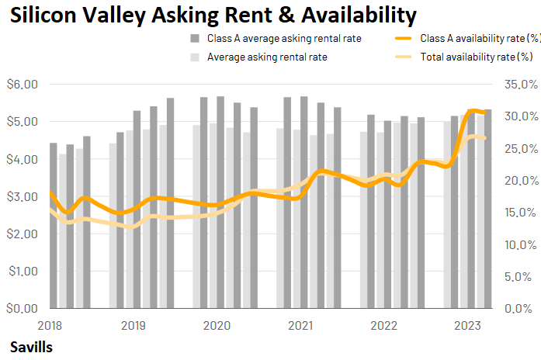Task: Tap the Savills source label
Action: tap(32, 347)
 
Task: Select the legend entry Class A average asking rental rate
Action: tap(284, 38)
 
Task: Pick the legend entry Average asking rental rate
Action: tap(267, 57)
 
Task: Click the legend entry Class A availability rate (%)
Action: tap(480, 38)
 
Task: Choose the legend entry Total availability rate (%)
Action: tap(476, 57)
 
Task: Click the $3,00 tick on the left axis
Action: tap(21, 196)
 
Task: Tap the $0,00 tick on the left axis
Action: tap(21, 308)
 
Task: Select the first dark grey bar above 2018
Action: tap(54, 225)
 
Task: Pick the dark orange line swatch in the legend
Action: tap(404, 38)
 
